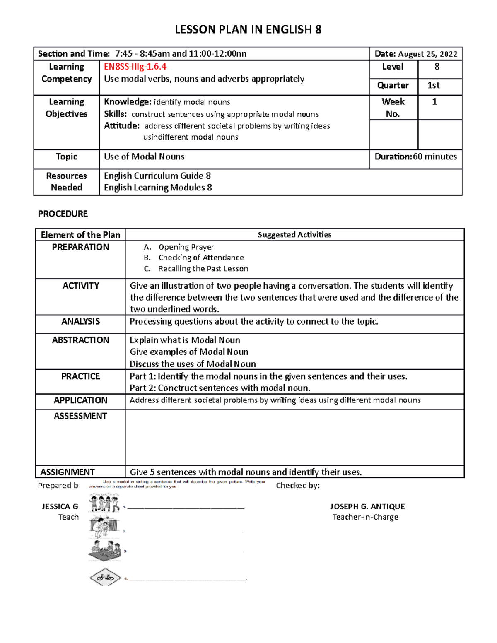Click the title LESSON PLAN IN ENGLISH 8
click(x=248, y=29)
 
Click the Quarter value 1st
click(x=433, y=85)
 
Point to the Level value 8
click(x=437, y=67)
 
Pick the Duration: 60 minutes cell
click(x=415, y=157)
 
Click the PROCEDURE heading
click(x=63, y=214)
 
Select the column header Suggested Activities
click(x=294, y=235)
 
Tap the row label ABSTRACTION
click(x=80, y=340)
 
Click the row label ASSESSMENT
click(x=80, y=416)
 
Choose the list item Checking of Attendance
click(x=201, y=258)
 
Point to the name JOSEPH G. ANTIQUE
click(x=367, y=506)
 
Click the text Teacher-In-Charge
click(x=365, y=517)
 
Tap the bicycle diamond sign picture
click(x=105, y=577)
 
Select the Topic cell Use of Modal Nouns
click(x=144, y=157)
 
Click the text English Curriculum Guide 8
click(x=157, y=176)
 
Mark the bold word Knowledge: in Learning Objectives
click(x=128, y=102)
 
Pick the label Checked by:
click(x=298, y=486)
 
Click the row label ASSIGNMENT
click(x=68, y=472)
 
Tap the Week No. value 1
click(x=434, y=102)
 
